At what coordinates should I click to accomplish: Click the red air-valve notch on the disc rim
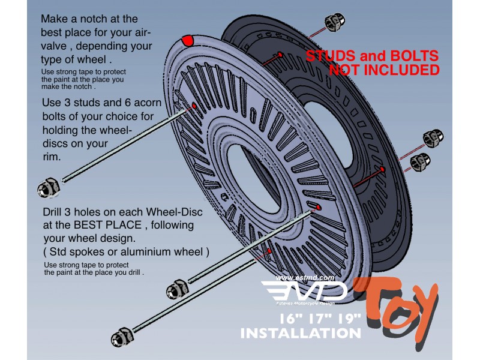pyautogui.click(x=188, y=40)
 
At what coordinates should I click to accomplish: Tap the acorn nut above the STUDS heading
pyautogui.click(x=335, y=22)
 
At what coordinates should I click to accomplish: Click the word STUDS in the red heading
pyautogui.click(x=331, y=56)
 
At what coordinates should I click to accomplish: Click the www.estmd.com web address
pyautogui.click(x=305, y=278)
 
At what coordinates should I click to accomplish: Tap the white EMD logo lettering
pyautogui.click(x=305, y=291)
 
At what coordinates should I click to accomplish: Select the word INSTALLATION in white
pyautogui.click(x=301, y=333)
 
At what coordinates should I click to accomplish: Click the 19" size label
pyautogui.click(x=349, y=319)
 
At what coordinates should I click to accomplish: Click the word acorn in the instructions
pyautogui.click(x=147, y=103)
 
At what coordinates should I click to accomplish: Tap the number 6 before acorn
pyautogui.click(x=128, y=102)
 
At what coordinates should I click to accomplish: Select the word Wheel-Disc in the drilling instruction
pyautogui.click(x=174, y=212)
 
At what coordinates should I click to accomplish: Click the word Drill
pyautogui.click(x=52, y=212)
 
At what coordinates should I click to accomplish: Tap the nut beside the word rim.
pyautogui.click(x=49, y=187)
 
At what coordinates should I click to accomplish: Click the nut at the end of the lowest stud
pyautogui.click(x=122, y=337)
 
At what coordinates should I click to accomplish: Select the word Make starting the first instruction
pyautogui.click(x=55, y=19)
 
